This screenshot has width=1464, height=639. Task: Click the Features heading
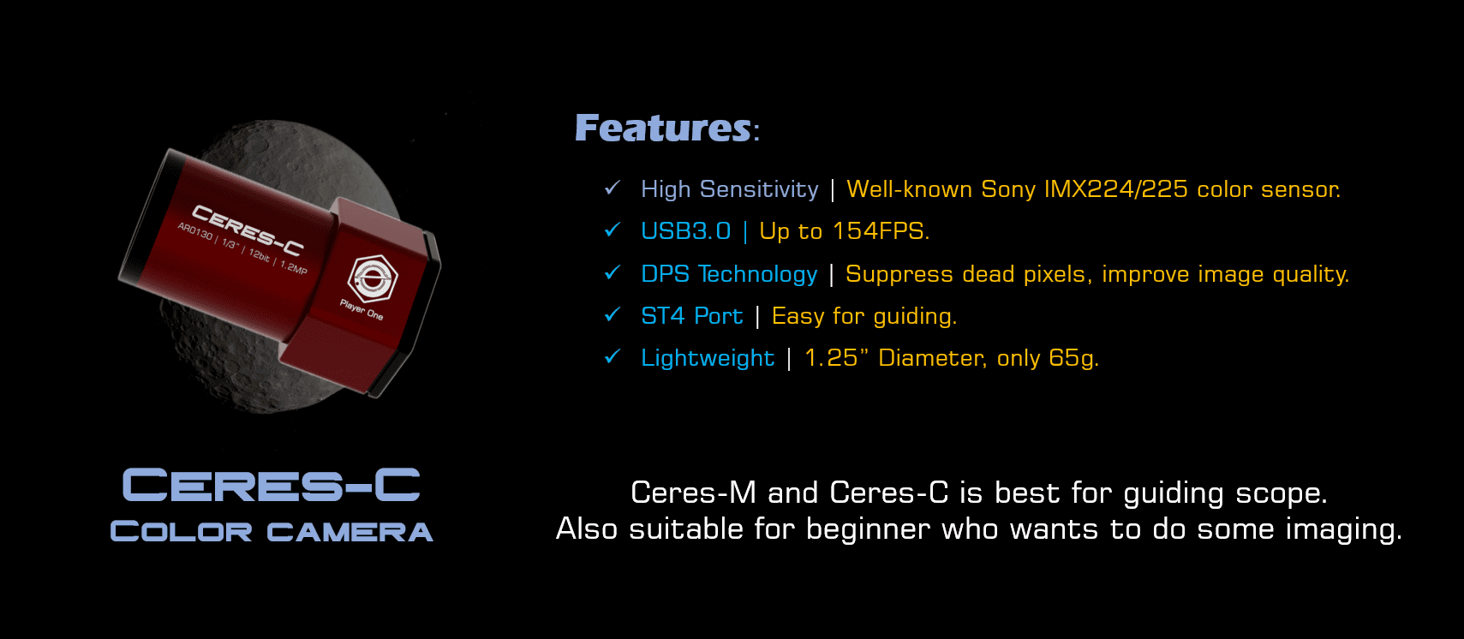click(664, 128)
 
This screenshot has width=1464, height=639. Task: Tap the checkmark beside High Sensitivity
click(612, 188)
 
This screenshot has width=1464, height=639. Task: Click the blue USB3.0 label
click(685, 231)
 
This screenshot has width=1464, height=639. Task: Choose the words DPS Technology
click(729, 274)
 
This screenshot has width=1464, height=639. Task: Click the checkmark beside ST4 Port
click(612, 315)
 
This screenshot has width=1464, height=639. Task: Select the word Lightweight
click(708, 358)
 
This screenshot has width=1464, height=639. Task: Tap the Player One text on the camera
click(362, 309)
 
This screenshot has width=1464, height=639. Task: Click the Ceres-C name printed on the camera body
click(248, 230)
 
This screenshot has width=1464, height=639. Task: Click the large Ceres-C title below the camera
click(271, 486)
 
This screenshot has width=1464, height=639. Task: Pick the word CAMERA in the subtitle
click(350, 532)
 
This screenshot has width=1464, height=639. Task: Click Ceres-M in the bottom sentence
click(693, 493)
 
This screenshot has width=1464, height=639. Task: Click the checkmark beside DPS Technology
click(612, 273)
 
